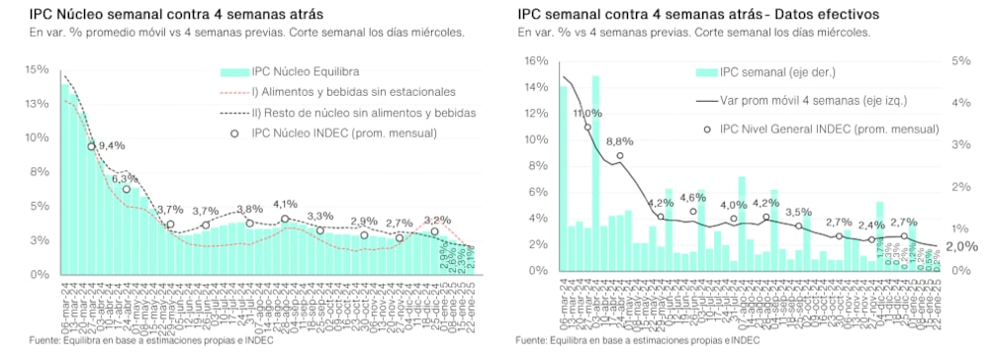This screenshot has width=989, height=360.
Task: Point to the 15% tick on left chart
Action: pyautogui.click(x=37, y=69)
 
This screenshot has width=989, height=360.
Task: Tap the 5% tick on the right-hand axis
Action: pyautogui.click(x=958, y=60)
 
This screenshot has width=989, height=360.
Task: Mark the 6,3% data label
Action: pyautogui.click(x=125, y=178)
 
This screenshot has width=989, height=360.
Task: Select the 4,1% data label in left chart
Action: pyautogui.click(x=285, y=205)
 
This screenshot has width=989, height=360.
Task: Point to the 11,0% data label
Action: pyautogui.click(x=588, y=114)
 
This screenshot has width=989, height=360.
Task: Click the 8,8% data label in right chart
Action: pyautogui.click(x=619, y=141)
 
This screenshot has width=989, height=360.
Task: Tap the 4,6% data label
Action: pyautogui.click(x=692, y=197)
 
